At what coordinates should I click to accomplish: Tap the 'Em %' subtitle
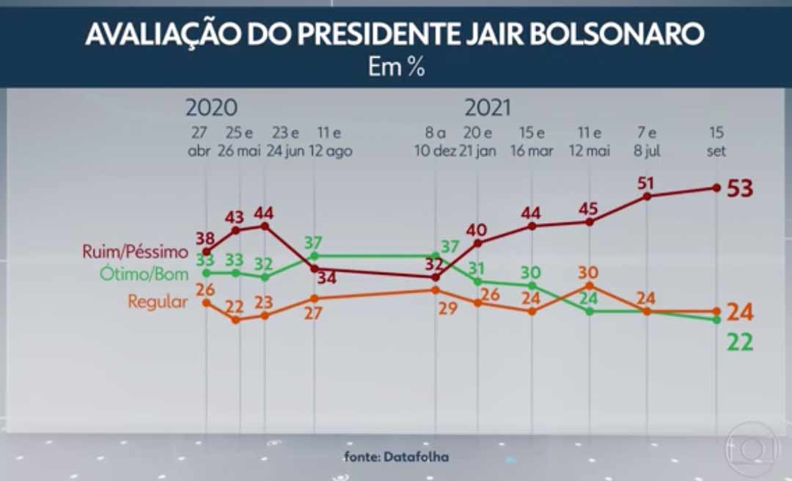point(395,67)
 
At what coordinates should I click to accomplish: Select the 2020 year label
point(211,108)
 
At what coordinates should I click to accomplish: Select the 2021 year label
point(487,108)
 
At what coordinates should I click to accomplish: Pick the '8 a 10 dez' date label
point(436,142)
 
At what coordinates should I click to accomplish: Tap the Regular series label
point(158,301)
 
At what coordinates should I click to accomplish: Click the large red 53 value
point(740,188)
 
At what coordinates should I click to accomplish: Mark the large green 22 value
point(740,342)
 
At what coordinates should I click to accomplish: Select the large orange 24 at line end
point(740,312)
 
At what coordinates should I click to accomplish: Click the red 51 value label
point(646,182)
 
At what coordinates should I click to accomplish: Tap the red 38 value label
point(206,237)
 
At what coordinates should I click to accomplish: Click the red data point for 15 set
point(716,188)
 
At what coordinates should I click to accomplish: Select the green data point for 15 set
point(716,320)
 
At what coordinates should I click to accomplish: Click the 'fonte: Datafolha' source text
point(396,456)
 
